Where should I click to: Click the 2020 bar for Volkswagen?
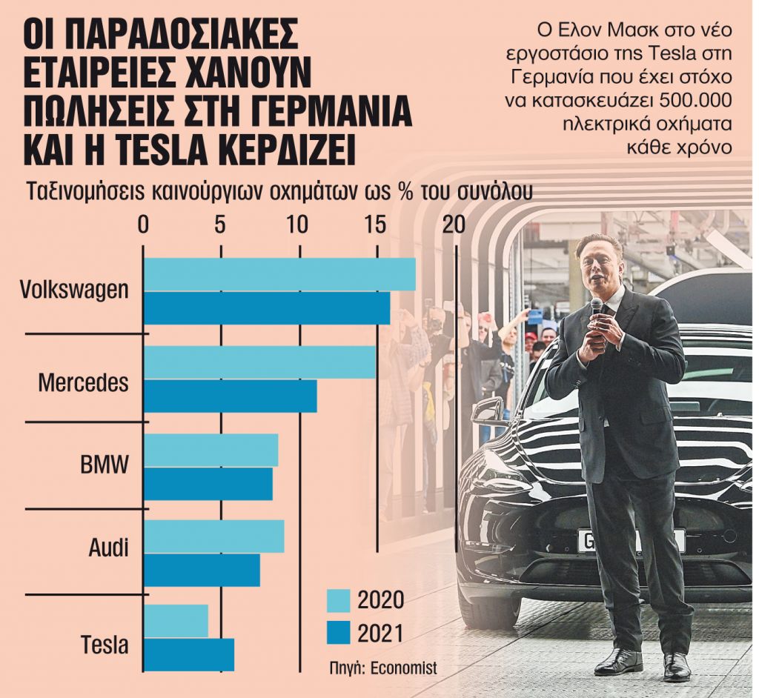(x=279, y=275)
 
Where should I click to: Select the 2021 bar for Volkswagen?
(x=267, y=308)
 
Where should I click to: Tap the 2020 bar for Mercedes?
(x=259, y=362)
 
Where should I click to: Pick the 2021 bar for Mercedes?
(x=230, y=396)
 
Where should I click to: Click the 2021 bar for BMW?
(x=208, y=484)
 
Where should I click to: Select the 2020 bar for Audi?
(x=213, y=536)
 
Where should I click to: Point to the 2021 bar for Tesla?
(x=188, y=654)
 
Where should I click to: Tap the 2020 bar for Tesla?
(x=176, y=621)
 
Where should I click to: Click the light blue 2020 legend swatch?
(x=338, y=600)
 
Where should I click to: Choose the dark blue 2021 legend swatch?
(x=338, y=634)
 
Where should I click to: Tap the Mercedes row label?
(x=83, y=383)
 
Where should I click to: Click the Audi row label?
(x=108, y=548)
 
